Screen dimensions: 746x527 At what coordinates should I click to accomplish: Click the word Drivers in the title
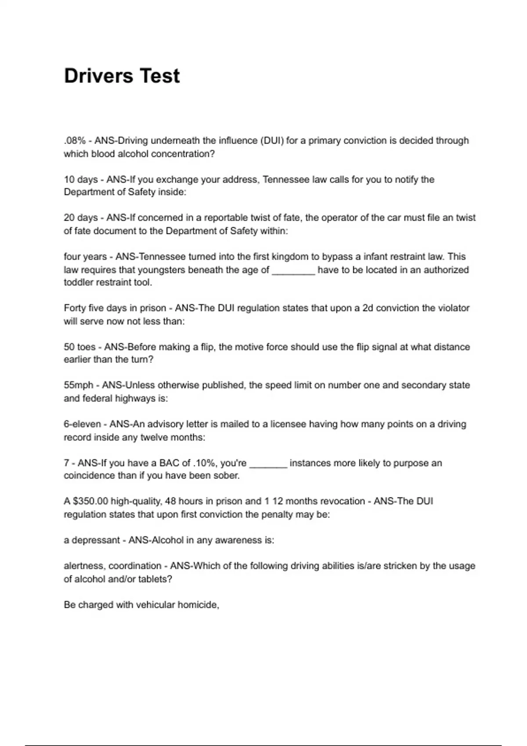[x=97, y=76]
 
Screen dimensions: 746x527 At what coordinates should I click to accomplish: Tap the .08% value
[x=75, y=141]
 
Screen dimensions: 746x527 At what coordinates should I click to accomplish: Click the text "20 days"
[x=81, y=218]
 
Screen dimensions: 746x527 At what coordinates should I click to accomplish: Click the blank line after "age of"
[x=293, y=270]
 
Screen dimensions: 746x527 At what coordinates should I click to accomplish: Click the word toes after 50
[x=86, y=347]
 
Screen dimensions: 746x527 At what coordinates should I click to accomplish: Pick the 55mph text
[x=79, y=386]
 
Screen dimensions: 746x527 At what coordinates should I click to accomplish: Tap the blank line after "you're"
[x=268, y=464]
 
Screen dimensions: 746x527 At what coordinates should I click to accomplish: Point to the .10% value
[x=205, y=463]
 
